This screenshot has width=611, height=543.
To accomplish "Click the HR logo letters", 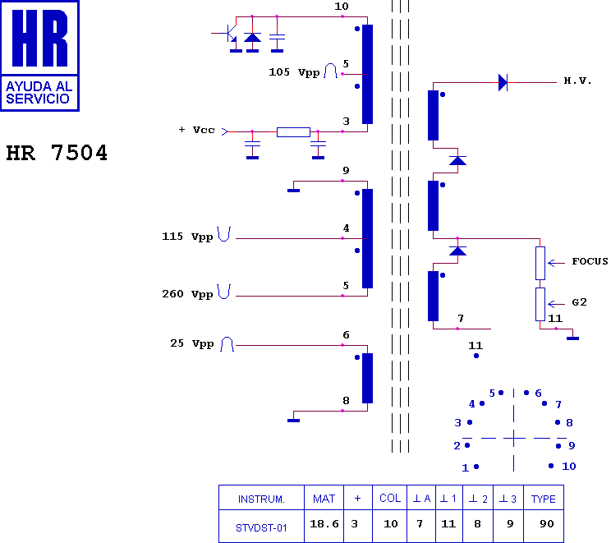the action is coord(39,38).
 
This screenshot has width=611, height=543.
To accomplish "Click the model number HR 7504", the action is coord(57,153).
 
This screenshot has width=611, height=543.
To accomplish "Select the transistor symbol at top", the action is coord(230,34).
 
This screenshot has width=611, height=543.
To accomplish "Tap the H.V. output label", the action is coord(577,81).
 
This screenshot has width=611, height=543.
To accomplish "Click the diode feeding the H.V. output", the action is coord(503,83).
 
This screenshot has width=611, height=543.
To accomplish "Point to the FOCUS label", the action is coord(590,261).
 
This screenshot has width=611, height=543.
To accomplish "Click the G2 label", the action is coord(580,302).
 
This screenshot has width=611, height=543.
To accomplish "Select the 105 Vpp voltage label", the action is coord(294,72).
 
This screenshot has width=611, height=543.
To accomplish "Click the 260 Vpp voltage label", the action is coord(187,294).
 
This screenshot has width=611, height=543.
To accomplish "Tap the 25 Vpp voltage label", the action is coord(192,343).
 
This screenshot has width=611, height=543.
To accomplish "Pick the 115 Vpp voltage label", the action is coord(187,237).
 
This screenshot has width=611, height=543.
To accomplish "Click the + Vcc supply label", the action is coord(197,130).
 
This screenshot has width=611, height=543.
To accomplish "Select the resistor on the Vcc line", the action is coord(293,132).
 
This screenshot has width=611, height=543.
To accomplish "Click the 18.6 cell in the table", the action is coord(324,524).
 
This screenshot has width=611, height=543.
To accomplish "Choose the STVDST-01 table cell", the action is coord(261,528).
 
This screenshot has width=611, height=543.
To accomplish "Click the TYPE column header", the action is coord(543,499).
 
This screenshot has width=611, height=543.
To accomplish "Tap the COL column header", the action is coord(389,498).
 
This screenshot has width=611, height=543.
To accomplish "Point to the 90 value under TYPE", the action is coord(547,524).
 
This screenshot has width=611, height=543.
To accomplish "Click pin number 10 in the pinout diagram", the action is coord(569,467).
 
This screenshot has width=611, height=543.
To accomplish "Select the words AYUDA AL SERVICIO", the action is coord(39,92).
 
